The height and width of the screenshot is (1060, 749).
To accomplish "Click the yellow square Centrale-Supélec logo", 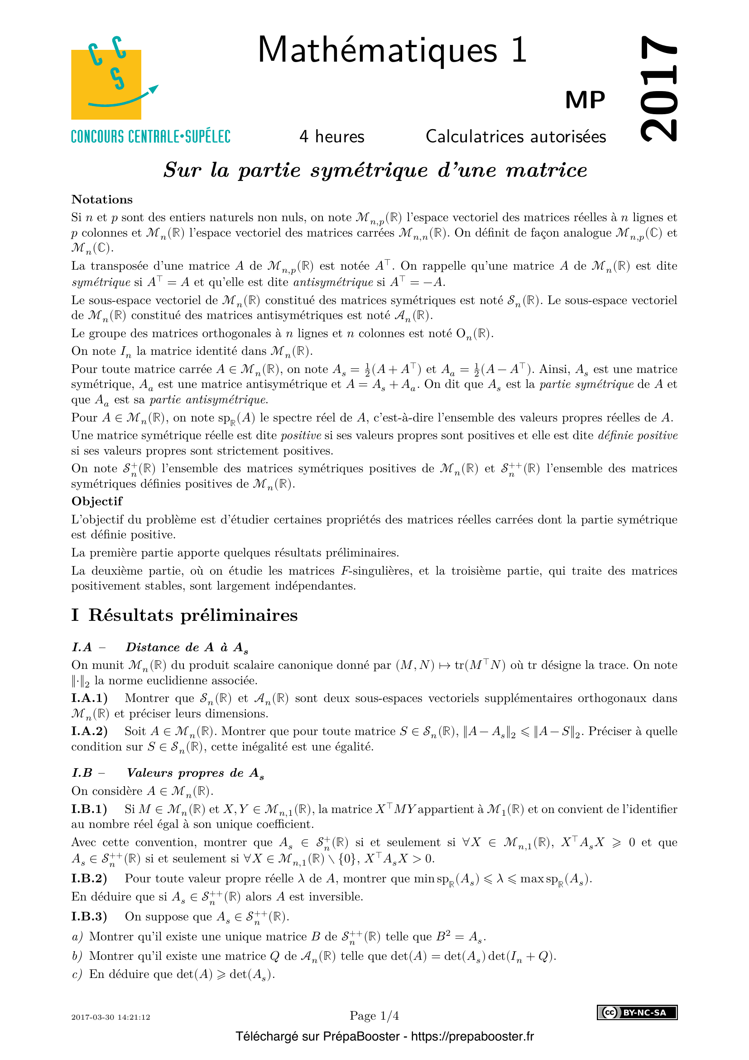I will pos(106,84).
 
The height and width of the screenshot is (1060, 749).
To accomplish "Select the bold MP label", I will pos(585,100).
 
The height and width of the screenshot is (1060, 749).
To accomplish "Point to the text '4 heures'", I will pos(331,137).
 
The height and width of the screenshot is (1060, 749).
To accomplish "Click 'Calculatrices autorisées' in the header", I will pos(516,137).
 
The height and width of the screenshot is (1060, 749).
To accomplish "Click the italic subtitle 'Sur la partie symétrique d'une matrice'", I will pos(375,170).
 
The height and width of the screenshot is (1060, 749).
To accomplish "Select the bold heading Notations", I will pos(102,199).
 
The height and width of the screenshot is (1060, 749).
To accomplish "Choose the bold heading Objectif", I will pos(97,501).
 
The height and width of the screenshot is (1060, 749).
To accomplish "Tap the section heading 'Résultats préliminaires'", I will pos(193,615).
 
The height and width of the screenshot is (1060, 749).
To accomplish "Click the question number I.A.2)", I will pos(90,731).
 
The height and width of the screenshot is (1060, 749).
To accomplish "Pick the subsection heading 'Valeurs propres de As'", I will pos(195,773).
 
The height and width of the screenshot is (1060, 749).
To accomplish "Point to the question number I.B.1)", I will pos(89,809).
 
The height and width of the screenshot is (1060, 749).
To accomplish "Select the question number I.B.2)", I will pos(89,878).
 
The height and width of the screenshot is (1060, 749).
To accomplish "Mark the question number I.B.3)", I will pos(89,916).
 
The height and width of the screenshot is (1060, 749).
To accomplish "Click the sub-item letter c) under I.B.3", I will pos(77,974).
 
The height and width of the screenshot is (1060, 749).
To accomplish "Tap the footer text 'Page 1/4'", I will pos(374,1016).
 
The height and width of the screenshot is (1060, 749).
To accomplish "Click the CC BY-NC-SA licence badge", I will pos(637,1012).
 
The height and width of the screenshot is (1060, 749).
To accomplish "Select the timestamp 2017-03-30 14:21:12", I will pos(110,1017).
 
